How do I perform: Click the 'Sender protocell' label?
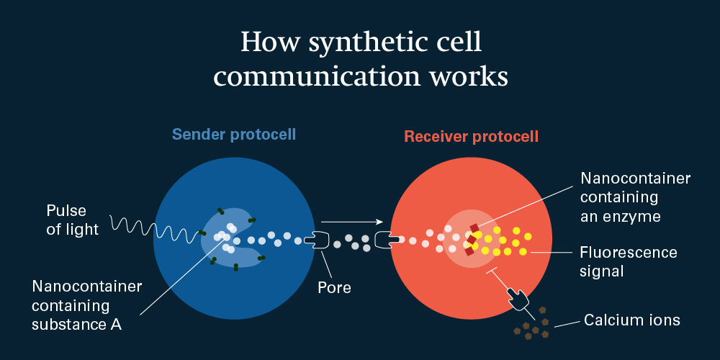tap(224, 135)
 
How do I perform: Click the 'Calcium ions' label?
tap(631, 320)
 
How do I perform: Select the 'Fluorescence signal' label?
tap(628, 261)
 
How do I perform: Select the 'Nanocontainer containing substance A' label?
tap(86, 305)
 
